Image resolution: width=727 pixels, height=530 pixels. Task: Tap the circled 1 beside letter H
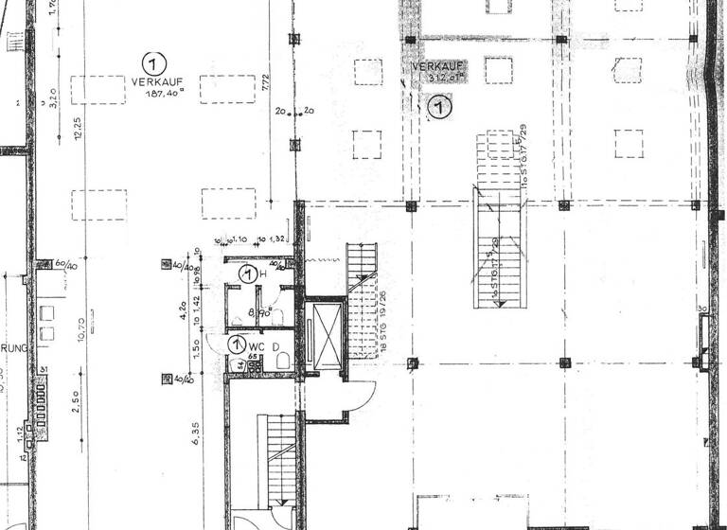coord(247,275)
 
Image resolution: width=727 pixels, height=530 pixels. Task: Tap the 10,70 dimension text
coord(82,331)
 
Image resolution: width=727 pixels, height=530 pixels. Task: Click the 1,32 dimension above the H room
coord(277,238)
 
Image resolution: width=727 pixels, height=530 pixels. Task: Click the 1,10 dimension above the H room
coord(241,238)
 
